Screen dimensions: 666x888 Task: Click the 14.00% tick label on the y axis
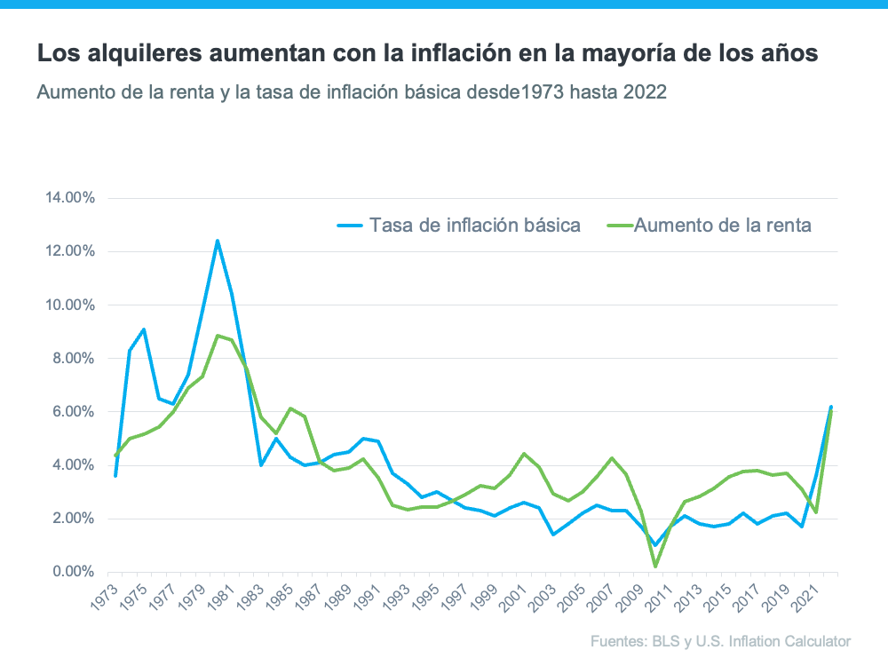[x=69, y=198]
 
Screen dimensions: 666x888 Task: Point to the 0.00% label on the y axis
[x=72, y=572]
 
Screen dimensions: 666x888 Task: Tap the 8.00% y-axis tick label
[x=72, y=359]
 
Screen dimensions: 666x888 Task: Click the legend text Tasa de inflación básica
[x=475, y=226]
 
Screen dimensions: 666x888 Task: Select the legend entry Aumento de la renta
[x=722, y=226]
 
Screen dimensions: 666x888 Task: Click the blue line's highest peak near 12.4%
[x=218, y=241]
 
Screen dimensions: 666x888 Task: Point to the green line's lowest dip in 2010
[x=655, y=567]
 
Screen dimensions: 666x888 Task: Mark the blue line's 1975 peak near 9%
[x=144, y=329]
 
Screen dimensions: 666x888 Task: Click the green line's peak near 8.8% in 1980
[x=218, y=336]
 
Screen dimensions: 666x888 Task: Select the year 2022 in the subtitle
[x=646, y=92]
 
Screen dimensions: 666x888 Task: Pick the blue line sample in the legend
[x=350, y=226]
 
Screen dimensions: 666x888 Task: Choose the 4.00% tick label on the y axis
[x=72, y=465]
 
